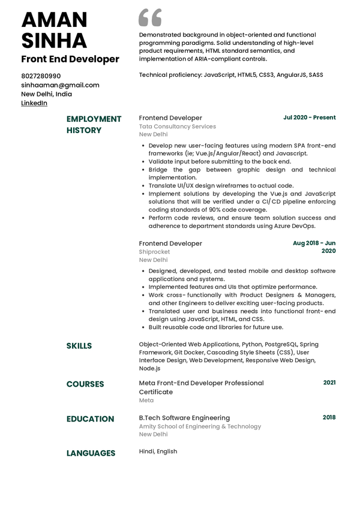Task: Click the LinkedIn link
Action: coord(34,103)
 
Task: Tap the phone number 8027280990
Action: coord(41,76)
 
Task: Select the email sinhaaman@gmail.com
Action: coord(60,85)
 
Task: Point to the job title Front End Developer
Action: coord(70,59)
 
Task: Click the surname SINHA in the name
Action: coord(54,41)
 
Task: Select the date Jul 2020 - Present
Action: coord(309,118)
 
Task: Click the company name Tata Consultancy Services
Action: coord(177,127)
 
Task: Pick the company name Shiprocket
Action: coord(154,252)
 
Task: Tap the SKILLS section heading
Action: coord(79,346)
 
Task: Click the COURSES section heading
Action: coord(85,384)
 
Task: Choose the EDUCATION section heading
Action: coord(90,419)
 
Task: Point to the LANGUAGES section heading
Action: coord(91,453)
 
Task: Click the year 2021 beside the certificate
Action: coord(329,382)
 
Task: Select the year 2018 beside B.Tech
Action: coord(329,417)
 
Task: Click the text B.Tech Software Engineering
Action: coord(184,418)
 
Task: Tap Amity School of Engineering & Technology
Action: coord(200,427)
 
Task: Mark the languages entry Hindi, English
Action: coord(158,451)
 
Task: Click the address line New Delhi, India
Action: coord(46,94)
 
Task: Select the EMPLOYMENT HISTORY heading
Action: coord(94,125)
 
